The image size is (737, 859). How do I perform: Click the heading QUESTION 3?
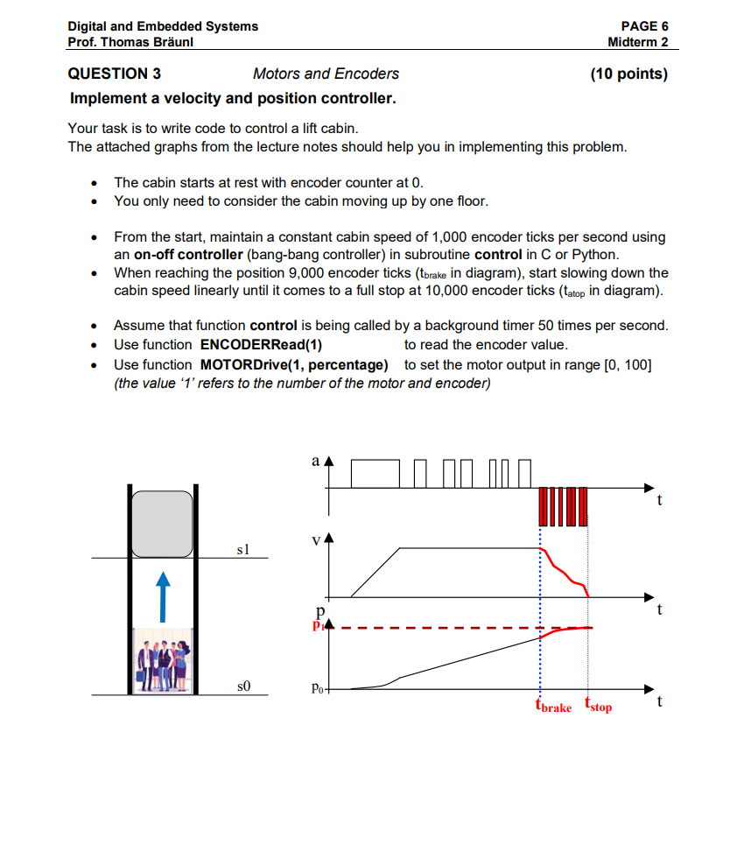(114, 74)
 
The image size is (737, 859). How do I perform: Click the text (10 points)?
(628, 74)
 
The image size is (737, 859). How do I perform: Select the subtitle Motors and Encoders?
(326, 74)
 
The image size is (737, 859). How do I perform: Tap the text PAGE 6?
(644, 26)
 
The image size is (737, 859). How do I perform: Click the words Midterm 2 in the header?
(638, 42)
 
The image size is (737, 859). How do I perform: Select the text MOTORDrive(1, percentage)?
(294, 364)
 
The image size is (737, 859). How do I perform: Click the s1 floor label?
(243, 549)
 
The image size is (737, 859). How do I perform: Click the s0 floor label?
(243, 686)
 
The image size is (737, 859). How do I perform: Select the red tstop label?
(599, 707)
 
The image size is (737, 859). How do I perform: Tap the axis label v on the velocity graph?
(316, 540)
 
